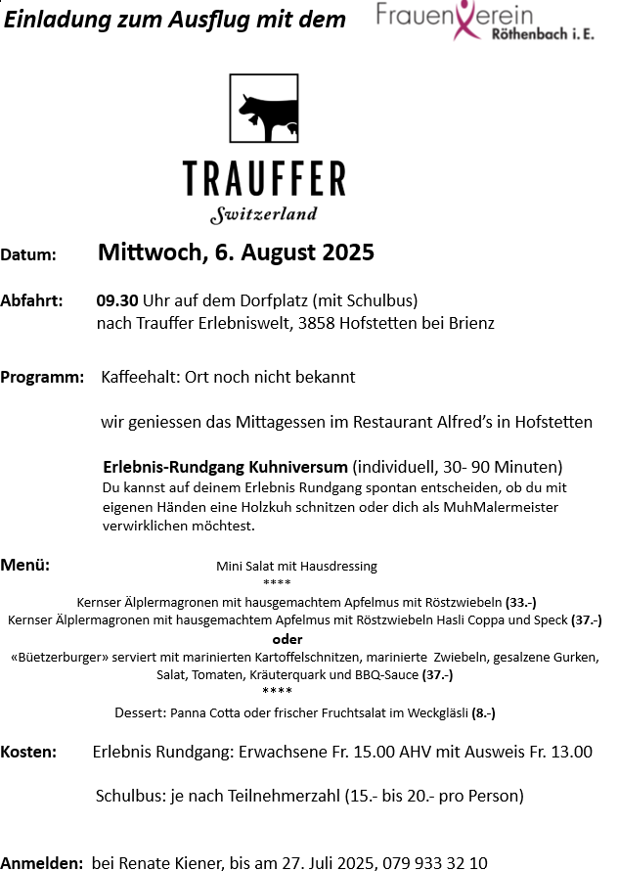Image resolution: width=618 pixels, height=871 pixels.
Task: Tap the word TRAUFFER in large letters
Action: (264, 179)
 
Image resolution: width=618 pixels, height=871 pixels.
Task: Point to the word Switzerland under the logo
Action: (264, 214)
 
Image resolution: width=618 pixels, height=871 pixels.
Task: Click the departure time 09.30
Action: (117, 300)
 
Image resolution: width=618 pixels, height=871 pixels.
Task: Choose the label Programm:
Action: (42, 377)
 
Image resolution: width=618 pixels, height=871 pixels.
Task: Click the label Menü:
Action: (25, 565)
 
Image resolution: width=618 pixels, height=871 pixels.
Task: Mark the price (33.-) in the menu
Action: (521, 602)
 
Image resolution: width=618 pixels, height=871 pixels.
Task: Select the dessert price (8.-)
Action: (483, 713)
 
